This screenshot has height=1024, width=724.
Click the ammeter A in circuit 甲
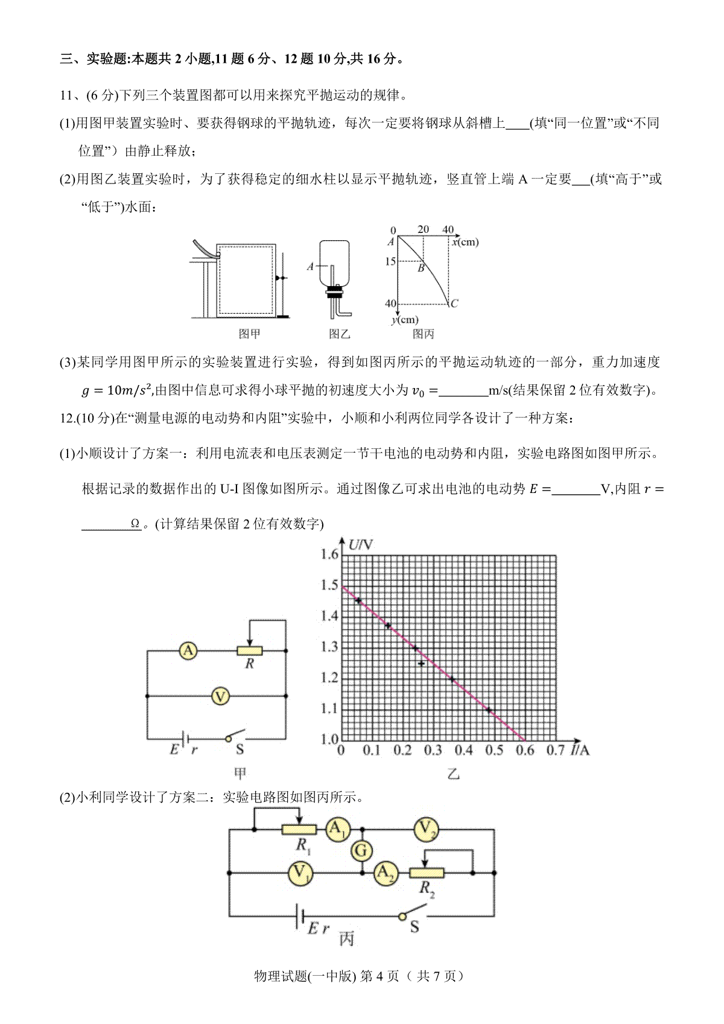(189, 650)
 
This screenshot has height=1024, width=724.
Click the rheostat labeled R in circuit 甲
(250, 650)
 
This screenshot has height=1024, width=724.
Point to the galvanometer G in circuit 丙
(361, 851)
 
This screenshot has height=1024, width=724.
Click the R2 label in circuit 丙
(427, 888)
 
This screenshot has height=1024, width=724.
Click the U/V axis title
(361, 545)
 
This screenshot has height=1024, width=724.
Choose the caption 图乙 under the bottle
(339, 334)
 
